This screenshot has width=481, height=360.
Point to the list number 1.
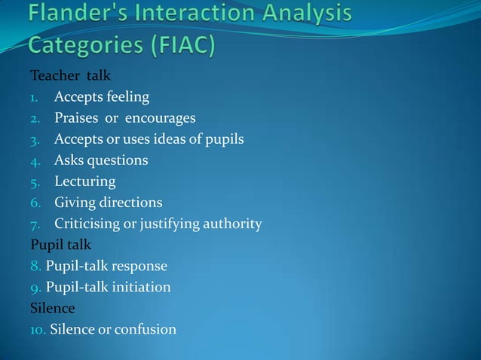tap(34, 97)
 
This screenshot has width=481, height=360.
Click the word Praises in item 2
tap(76, 118)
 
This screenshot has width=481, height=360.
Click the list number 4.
tap(34, 160)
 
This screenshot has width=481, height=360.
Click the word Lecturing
tap(85, 182)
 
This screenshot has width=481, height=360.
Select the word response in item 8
tap(137, 266)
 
